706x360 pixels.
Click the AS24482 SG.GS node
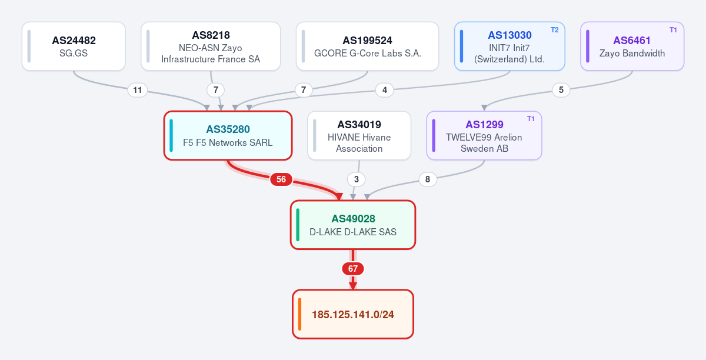pos(74,46)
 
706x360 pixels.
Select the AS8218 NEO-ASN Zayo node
pos(211,46)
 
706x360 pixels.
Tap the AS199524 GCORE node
pos(367,46)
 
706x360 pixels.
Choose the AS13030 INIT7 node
pos(509,46)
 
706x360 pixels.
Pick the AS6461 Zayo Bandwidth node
pos(632,46)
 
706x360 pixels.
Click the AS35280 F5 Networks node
pos(228,135)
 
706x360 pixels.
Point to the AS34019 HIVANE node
pos(359,135)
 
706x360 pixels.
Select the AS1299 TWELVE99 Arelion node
pos(484,135)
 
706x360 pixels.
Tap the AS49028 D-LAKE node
pos(353,225)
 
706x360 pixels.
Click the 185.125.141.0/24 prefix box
pos(353,314)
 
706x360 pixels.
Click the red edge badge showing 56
pos(281,179)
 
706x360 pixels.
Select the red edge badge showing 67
pos(353,269)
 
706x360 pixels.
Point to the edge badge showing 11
pos(138,90)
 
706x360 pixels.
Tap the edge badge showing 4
pos(385,90)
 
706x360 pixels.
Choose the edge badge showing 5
pos(561,90)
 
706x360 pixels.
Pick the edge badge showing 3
pos(356,179)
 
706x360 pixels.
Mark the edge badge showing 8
pos(428,179)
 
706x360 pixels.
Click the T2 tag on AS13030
pos(554,30)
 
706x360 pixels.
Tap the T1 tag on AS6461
pos(673,30)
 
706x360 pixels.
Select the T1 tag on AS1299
pos(531,119)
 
